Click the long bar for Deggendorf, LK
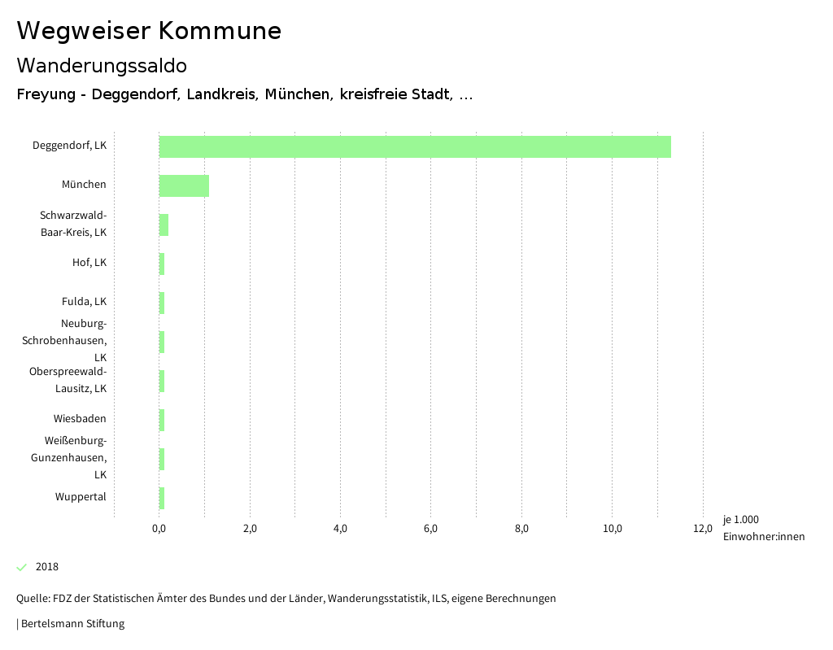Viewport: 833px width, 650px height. coord(415,146)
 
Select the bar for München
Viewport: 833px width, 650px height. coord(184,185)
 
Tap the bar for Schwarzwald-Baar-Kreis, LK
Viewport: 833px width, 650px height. coord(164,225)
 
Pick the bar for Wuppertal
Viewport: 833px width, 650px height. coord(162,498)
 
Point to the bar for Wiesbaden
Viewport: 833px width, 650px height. coord(162,420)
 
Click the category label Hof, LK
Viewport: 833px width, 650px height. coord(89,263)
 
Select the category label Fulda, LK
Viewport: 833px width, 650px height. coord(84,302)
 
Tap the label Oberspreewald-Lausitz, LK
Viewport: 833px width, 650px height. coord(68,380)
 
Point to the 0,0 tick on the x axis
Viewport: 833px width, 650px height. coord(159,529)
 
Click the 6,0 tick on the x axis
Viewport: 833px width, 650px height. coord(431,529)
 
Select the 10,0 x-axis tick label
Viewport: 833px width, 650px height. coord(613,529)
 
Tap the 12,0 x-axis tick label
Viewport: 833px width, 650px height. coord(703,529)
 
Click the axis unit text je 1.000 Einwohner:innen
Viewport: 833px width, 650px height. coord(763,528)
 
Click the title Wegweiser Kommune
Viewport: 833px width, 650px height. coord(149,31)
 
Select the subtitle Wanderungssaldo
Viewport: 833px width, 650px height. coord(102,65)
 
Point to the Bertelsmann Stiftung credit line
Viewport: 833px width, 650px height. coord(72,624)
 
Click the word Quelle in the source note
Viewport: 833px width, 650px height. coord(32,599)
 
